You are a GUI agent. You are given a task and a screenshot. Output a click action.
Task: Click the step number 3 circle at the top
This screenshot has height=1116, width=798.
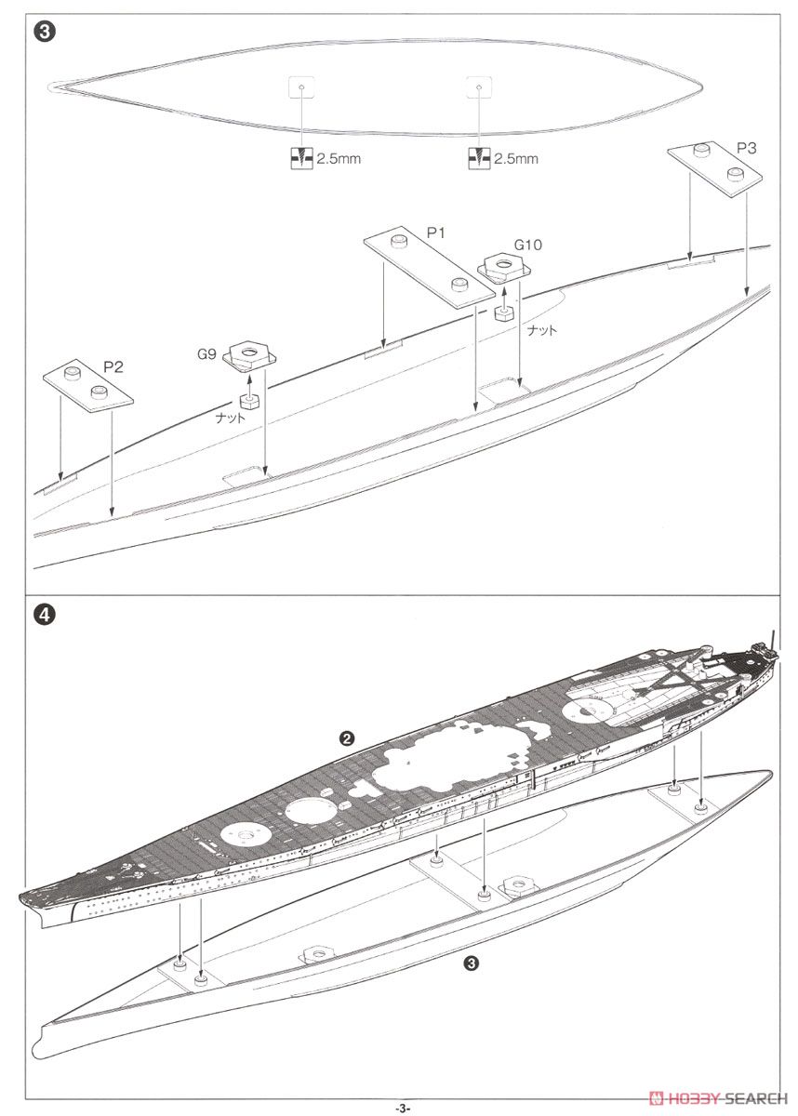tap(45, 33)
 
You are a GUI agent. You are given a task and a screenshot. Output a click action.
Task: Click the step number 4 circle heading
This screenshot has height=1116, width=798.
tap(45, 615)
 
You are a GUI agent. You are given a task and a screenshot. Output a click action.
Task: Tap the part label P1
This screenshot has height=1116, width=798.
tap(436, 232)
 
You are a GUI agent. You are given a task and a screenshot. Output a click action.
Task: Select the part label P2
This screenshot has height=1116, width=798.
tap(113, 366)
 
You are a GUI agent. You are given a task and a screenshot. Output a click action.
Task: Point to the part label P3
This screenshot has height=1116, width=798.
tap(746, 148)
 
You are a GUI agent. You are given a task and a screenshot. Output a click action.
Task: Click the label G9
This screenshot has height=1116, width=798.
tap(206, 354)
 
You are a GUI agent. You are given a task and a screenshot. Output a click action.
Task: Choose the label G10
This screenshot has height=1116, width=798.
tap(527, 245)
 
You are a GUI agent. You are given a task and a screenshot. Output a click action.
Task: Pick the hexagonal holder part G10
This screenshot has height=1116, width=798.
tap(503, 268)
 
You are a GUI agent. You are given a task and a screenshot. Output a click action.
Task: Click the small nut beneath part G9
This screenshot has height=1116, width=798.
tap(247, 401)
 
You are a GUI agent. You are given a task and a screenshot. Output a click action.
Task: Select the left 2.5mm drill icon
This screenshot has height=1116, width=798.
tap(302, 158)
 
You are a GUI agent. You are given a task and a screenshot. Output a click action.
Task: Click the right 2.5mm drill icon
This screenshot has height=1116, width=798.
tap(479, 158)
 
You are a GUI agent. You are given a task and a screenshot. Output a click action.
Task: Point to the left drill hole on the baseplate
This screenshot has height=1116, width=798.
tap(302, 86)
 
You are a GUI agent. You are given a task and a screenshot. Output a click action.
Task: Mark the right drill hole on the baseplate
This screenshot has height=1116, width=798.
tap(479, 87)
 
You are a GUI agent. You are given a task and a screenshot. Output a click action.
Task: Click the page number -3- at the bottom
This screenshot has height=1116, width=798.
tap(402, 1108)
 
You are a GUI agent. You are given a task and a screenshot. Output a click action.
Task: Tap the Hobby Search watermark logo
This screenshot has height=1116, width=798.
tap(720, 1097)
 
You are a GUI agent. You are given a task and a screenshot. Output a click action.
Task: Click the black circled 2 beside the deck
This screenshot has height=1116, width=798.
tap(346, 737)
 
